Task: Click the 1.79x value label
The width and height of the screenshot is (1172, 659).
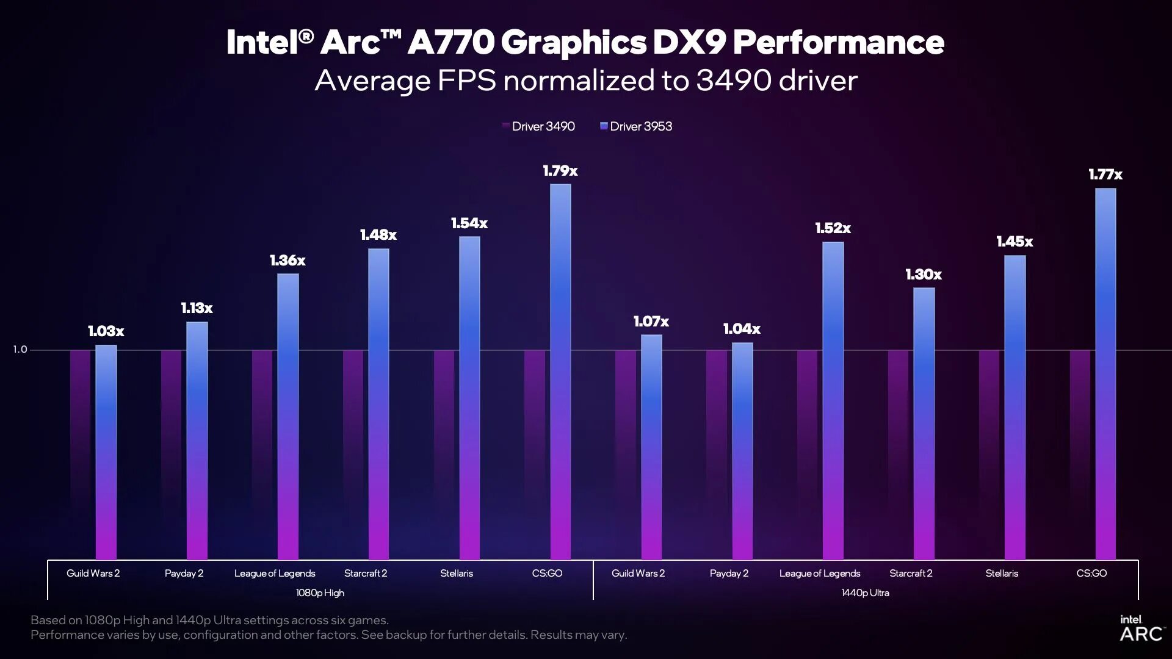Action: point(560,171)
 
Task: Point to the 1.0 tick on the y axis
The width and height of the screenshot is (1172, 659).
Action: point(20,350)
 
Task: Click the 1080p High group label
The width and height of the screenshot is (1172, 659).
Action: point(320,592)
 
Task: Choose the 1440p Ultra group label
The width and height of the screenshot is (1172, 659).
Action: point(865,592)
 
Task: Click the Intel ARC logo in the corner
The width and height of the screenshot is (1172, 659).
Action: point(1140,628)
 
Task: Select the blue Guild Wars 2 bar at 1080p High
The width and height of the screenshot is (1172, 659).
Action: point(106,452)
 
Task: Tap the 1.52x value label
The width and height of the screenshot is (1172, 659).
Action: point(833,228)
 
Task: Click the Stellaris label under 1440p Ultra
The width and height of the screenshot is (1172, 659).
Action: point(1002,574)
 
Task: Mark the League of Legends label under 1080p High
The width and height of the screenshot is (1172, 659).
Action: point(275,574)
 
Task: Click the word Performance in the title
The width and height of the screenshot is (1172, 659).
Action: point(838,42)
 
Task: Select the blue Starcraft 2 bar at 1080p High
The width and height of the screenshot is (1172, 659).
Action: point(378,403)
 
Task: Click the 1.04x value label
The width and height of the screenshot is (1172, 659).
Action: point(742,329)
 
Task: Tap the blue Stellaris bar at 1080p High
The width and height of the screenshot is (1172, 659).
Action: point(469,397)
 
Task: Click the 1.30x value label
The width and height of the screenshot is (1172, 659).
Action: point(924,275)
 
